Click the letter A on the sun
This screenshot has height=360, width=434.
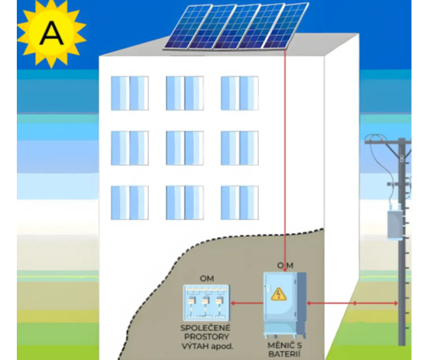(x=51, y=34)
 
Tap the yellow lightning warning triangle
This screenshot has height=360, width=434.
(x=279, y=294)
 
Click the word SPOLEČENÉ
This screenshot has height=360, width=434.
(x=206, y=328)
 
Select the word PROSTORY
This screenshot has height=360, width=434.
(x=206, y=337)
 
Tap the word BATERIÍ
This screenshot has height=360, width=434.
(x=284, y=354)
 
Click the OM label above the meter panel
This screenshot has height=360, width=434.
(x=207, y=278)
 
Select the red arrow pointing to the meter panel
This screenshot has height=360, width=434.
(x=247, y=303)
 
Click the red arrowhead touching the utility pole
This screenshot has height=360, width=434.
(x=396, y=303)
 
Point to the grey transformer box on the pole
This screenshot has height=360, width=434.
(x=395, y=224)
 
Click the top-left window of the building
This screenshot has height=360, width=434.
(x=130, y=93)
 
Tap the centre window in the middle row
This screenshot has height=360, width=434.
(x=185, y=148)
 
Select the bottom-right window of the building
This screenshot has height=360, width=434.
(x=240, y=203)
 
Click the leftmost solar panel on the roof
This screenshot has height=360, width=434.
(x=188, y=28)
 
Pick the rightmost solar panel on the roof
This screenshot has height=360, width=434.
(x=286, y=25)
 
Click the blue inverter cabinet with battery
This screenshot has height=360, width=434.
(x=284, y=305)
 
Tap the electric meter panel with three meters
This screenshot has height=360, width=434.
(x=206, y=303)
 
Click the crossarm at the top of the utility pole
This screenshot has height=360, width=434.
(x=387, y=142)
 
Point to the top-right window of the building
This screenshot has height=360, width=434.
(x=240, y=93)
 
